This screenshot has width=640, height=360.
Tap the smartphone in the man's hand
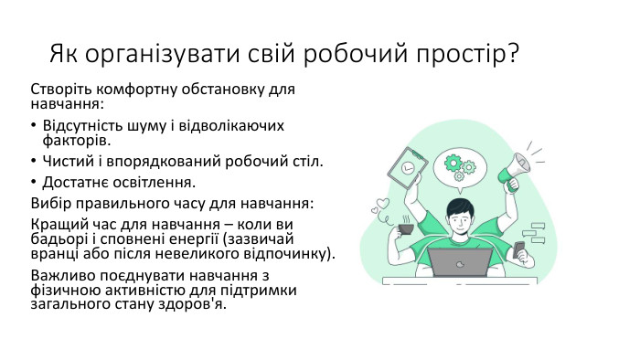tap(520, 249)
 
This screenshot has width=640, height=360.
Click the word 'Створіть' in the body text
tap(59, 90)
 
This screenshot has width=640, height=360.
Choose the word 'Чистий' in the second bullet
tap(67, 162)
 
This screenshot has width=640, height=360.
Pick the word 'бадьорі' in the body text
tap(57, 239)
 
